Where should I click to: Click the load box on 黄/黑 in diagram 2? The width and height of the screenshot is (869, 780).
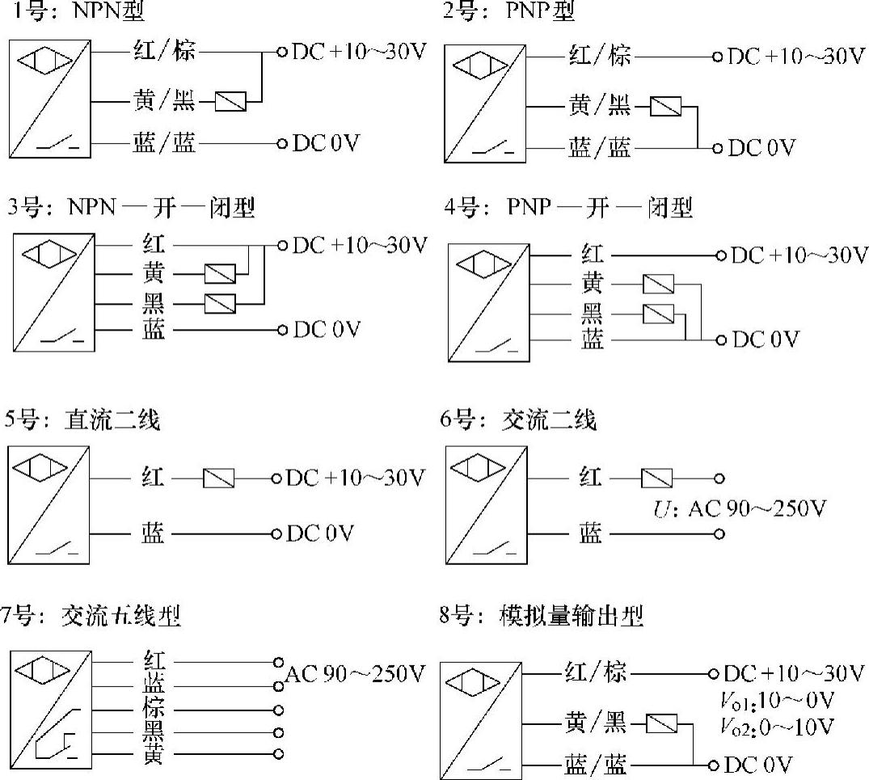(x=665, y=107)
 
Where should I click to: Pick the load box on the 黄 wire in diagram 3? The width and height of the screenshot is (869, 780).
(x=220, y=274)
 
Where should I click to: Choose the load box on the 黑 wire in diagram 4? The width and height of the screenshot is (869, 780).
(x=657, y=314)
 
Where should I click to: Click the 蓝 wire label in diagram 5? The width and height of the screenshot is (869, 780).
(x=153, y=533)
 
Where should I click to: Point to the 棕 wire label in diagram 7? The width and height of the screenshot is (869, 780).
(x=154, y=710)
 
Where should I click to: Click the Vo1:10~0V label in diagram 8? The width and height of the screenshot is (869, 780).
(x=778, y=699)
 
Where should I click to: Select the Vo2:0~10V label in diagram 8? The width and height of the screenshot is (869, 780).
(x=778, y=725)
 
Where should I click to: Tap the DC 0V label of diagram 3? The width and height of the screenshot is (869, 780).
(x=326, y=330)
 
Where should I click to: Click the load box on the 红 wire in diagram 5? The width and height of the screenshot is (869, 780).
(x=219, y=479)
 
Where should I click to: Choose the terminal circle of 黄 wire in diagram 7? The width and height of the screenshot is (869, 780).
(x=279, y=754)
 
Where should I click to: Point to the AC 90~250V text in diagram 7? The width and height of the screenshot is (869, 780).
(x=356, y=673)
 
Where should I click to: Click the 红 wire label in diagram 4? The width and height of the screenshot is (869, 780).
(x=592, y=255)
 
